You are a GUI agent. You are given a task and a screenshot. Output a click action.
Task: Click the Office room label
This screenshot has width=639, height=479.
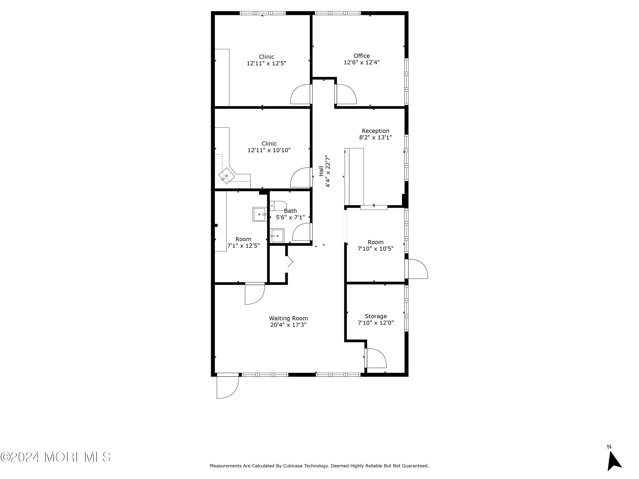361,56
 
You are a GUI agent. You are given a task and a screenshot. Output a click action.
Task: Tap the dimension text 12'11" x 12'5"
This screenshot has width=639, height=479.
266,63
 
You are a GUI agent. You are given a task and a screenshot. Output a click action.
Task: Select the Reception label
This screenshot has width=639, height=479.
376,131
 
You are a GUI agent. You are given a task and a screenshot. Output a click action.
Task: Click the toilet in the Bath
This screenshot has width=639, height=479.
278,206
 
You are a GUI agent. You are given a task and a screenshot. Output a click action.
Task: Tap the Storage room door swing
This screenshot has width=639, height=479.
376,358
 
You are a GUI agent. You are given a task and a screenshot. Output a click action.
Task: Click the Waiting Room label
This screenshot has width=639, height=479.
288,318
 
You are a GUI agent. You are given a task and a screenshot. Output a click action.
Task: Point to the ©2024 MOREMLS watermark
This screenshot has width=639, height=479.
55,457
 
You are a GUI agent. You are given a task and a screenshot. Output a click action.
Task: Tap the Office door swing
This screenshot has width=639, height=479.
346,94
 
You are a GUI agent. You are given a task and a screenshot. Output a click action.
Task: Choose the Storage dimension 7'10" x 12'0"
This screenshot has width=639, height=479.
376,323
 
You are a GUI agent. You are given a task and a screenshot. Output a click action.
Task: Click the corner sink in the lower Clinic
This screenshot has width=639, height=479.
226,176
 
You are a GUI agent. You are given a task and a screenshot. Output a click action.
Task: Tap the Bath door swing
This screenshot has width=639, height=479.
302,232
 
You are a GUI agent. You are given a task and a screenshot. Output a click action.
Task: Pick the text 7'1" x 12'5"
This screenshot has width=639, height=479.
243,246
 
